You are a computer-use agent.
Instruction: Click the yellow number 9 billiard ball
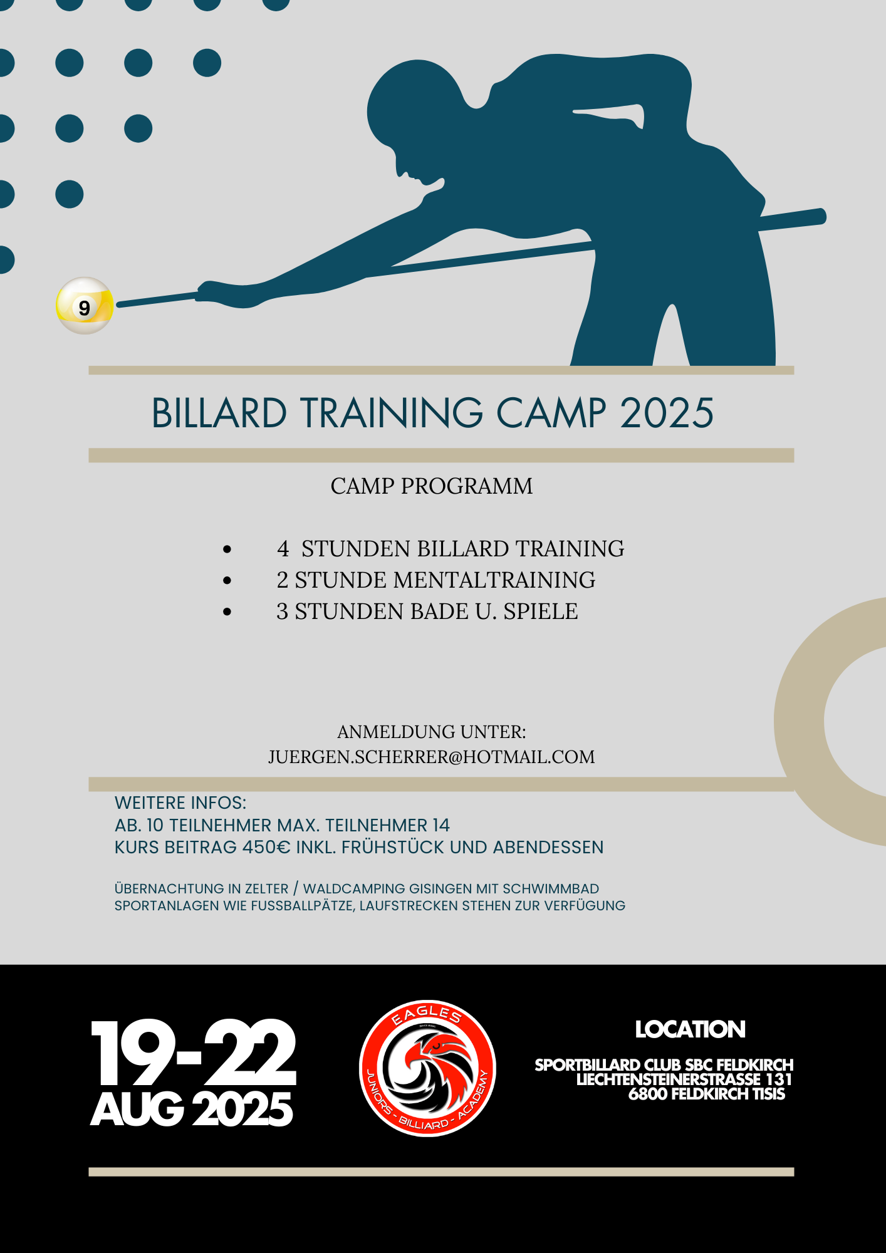pos(85,306)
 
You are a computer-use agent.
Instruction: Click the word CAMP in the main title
pos(551,413)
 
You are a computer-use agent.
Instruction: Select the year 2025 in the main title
pos(667,413)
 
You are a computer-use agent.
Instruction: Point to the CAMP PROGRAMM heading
pos(432,486)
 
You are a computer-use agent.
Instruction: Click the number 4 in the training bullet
pos(283,549)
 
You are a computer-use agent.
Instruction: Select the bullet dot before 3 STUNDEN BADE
pos(227,612)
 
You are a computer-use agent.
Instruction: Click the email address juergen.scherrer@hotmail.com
pos(432,757)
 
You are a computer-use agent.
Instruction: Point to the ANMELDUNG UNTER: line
pos(432,732)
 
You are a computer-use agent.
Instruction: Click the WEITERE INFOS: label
pos(180,803)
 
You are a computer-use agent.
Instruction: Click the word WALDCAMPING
pos(354,889)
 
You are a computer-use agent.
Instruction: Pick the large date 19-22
pos(194,1053)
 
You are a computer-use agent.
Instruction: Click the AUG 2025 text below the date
pos(192,1110)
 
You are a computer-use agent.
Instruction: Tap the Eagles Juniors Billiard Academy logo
pos(428,1068)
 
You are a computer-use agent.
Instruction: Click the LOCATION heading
pos(691,1029)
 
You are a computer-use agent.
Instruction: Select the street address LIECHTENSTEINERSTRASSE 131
pos(684,1079)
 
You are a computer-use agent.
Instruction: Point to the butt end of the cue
pos(821,217)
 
